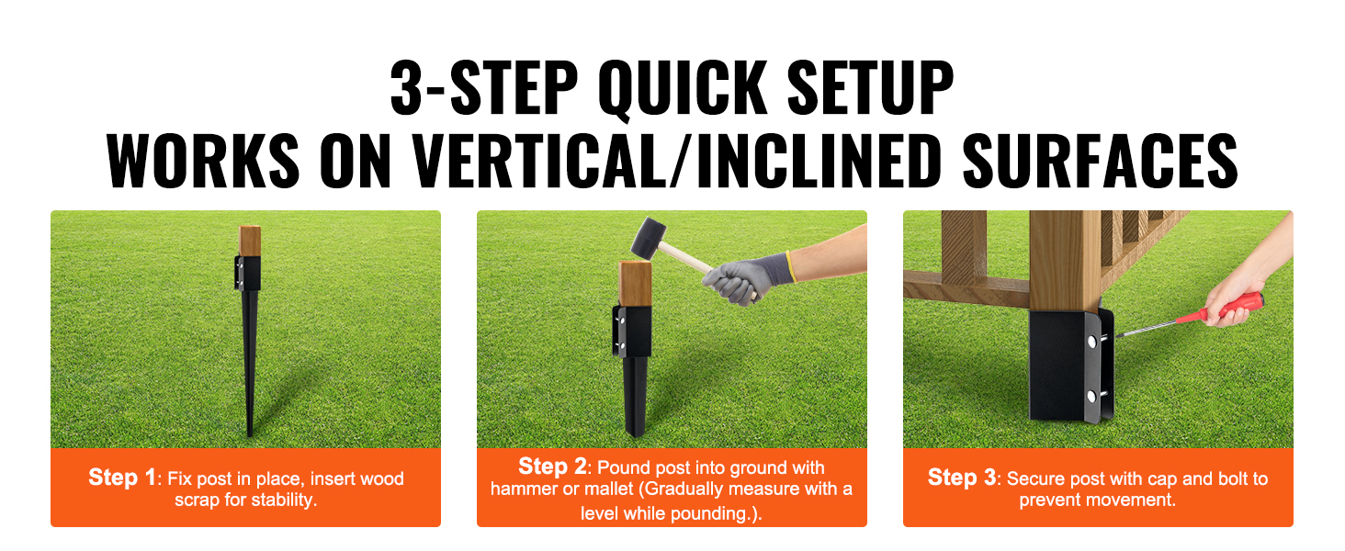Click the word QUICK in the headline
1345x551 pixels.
(682, 89)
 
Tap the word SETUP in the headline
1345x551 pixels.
(870, 87)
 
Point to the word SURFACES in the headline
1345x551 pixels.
(1101, 161)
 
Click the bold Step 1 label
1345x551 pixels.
(122, 478)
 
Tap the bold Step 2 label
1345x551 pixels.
(552, 467)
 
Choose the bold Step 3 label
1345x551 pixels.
(961, 478)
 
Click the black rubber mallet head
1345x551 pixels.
(649, 238)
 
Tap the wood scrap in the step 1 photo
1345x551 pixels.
(250, 241)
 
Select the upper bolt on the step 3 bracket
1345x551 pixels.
(1091, 343)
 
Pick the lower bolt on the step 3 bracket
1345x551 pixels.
(1091, 396)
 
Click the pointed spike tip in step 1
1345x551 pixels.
(250, 434)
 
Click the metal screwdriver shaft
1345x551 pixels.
(1147, 329)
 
